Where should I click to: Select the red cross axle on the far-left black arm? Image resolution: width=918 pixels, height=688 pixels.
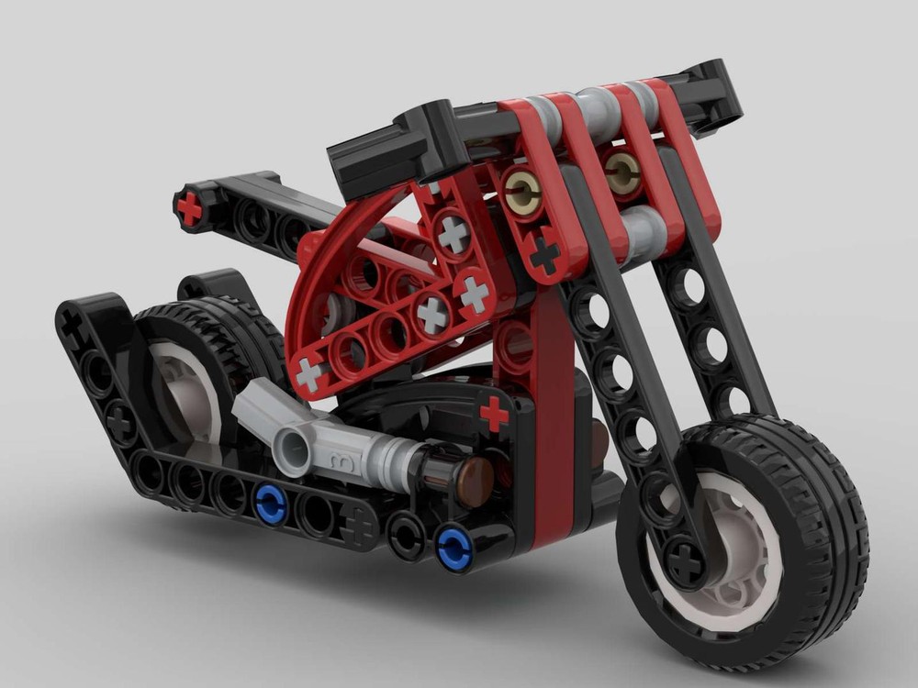(x=189, y=210)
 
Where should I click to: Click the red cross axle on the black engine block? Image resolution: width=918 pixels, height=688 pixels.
(x=494, y=415)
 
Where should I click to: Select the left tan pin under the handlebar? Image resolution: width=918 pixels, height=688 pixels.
(x=521, y=190)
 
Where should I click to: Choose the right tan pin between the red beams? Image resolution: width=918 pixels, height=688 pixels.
(x=622, y=169)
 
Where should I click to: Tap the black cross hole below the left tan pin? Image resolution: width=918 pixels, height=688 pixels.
(x=545, y=253)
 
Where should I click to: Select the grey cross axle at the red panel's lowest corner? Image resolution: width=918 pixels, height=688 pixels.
(x=311, y=375)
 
